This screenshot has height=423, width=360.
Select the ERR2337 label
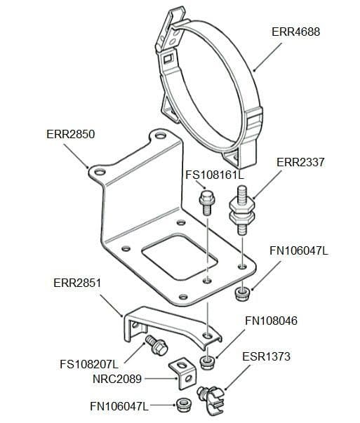click(x=300, y=162)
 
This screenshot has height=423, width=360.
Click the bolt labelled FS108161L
click(x=206, y=201)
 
